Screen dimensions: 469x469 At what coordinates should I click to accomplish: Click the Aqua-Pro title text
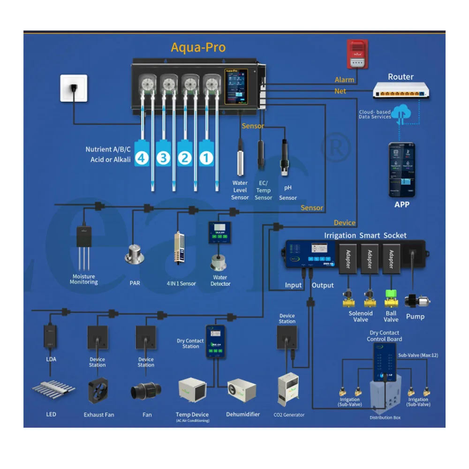tap(198, 47)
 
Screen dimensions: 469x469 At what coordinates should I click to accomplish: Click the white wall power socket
tap(74, 88)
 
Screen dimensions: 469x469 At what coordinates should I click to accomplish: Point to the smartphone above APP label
tap(402, 170)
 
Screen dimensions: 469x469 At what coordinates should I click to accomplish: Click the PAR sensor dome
tap(135, 256)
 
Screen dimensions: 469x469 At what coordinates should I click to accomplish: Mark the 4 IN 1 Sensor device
tap(179, 248)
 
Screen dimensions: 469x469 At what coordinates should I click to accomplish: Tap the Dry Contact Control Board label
tap(384, 336)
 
